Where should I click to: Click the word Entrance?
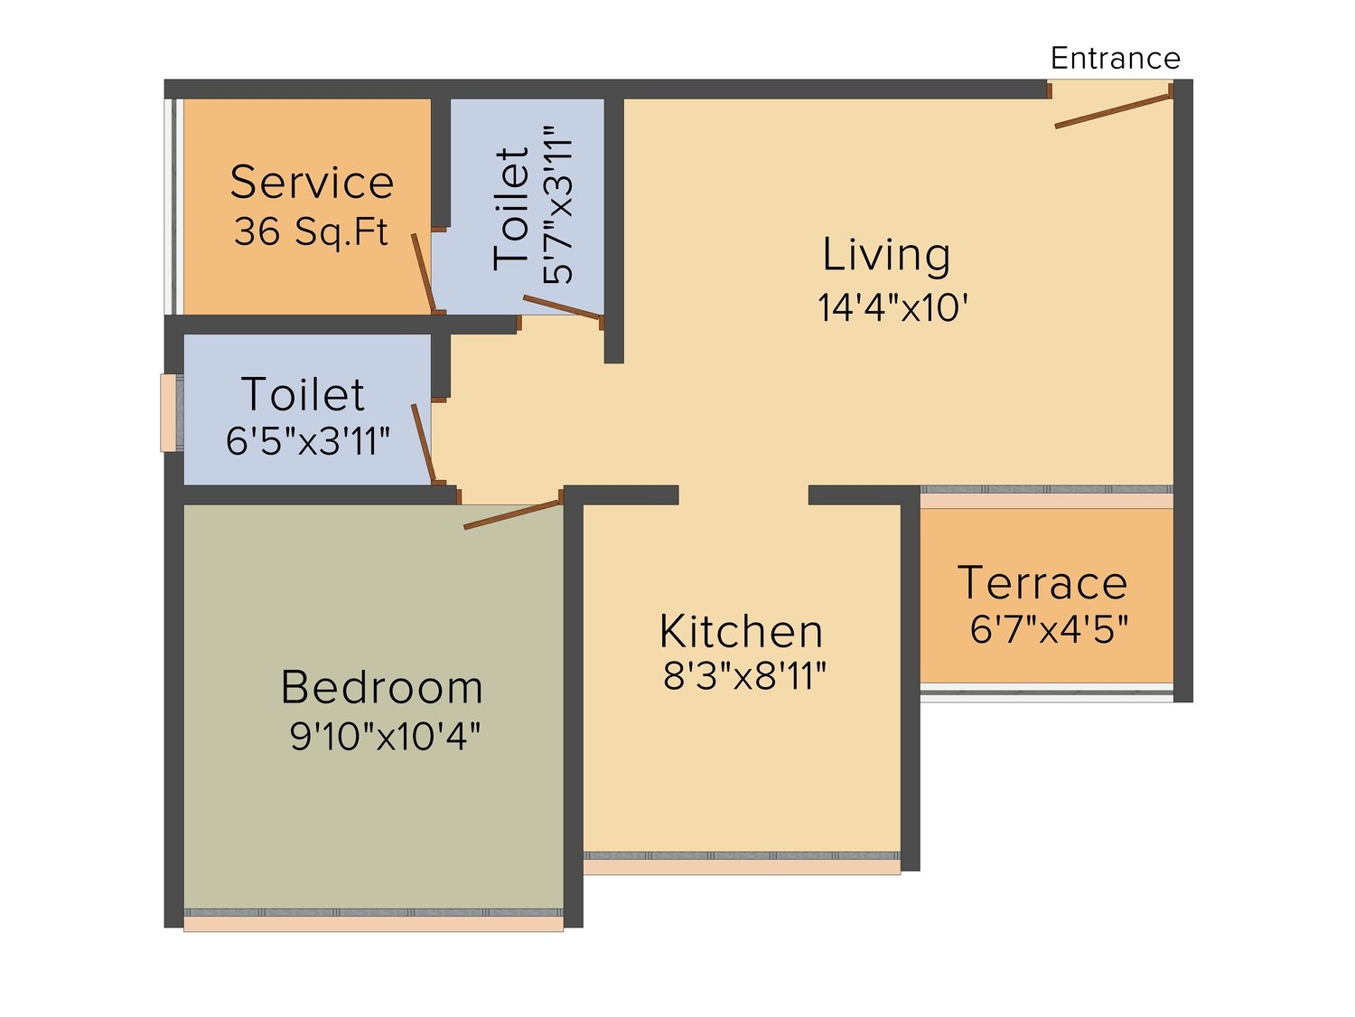[1115, 59]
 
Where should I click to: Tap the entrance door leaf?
[1113, 111]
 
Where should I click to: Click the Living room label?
[886, 254]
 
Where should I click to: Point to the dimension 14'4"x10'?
[892, 307]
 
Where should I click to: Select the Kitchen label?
[741, 631]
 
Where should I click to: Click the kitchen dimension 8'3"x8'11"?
[743, 675]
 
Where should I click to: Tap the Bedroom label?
[381, 687]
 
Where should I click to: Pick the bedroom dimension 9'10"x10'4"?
[385, 736]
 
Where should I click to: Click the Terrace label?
[1042, 583]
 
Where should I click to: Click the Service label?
[312, 182]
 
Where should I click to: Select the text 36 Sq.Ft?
[311, 231]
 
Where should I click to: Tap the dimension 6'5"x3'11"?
[307, 441]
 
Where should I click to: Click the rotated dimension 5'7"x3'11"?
[558, 205]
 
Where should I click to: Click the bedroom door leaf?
[513, 514]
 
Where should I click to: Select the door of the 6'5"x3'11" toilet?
[424, 443]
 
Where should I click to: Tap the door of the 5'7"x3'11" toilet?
[563, 306]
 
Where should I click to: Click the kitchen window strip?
[742, 862]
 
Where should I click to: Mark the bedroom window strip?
[373, 919]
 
